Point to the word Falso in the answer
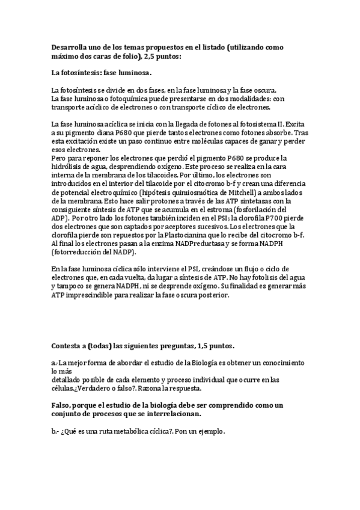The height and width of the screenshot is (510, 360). [64, 406]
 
